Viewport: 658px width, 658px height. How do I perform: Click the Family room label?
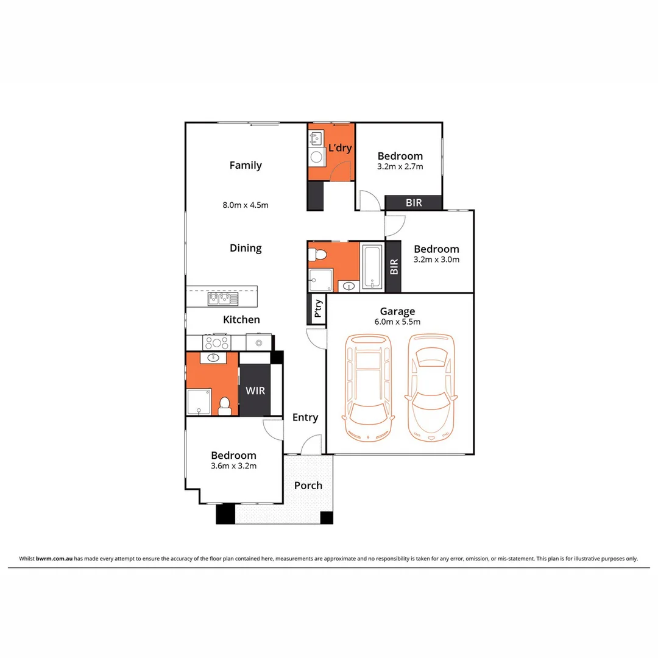tap(246, 165)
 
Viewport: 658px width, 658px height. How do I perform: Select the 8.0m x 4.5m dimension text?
tap(246, 205)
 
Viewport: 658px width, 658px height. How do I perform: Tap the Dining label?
tap(246, 248)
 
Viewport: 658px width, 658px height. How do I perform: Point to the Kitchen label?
tap(241, 319)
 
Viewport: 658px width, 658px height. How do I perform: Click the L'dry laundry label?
tap(340, 148)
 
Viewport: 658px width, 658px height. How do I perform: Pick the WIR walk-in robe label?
tap(255, 391)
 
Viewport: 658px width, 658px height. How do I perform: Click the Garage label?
tap(397, 311)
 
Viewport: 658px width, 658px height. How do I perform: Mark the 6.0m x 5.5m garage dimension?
tap(397, 322)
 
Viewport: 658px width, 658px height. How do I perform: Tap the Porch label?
tap(308, 486)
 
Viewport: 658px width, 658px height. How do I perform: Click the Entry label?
tap(305, 417)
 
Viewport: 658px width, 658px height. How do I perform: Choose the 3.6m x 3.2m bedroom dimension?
tap(233, 466)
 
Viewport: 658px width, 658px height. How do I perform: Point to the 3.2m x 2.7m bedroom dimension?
tap(400, 166)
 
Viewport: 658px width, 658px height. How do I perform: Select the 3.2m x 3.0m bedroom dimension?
tap(436, 259)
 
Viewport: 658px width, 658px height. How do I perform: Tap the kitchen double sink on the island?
tap(222, 298)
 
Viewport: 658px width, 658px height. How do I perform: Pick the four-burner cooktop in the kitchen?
tap(216, 342)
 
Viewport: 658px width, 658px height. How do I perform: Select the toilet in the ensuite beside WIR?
tap(225, 405)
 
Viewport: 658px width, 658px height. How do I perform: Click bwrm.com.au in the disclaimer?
tap(55, 558)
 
